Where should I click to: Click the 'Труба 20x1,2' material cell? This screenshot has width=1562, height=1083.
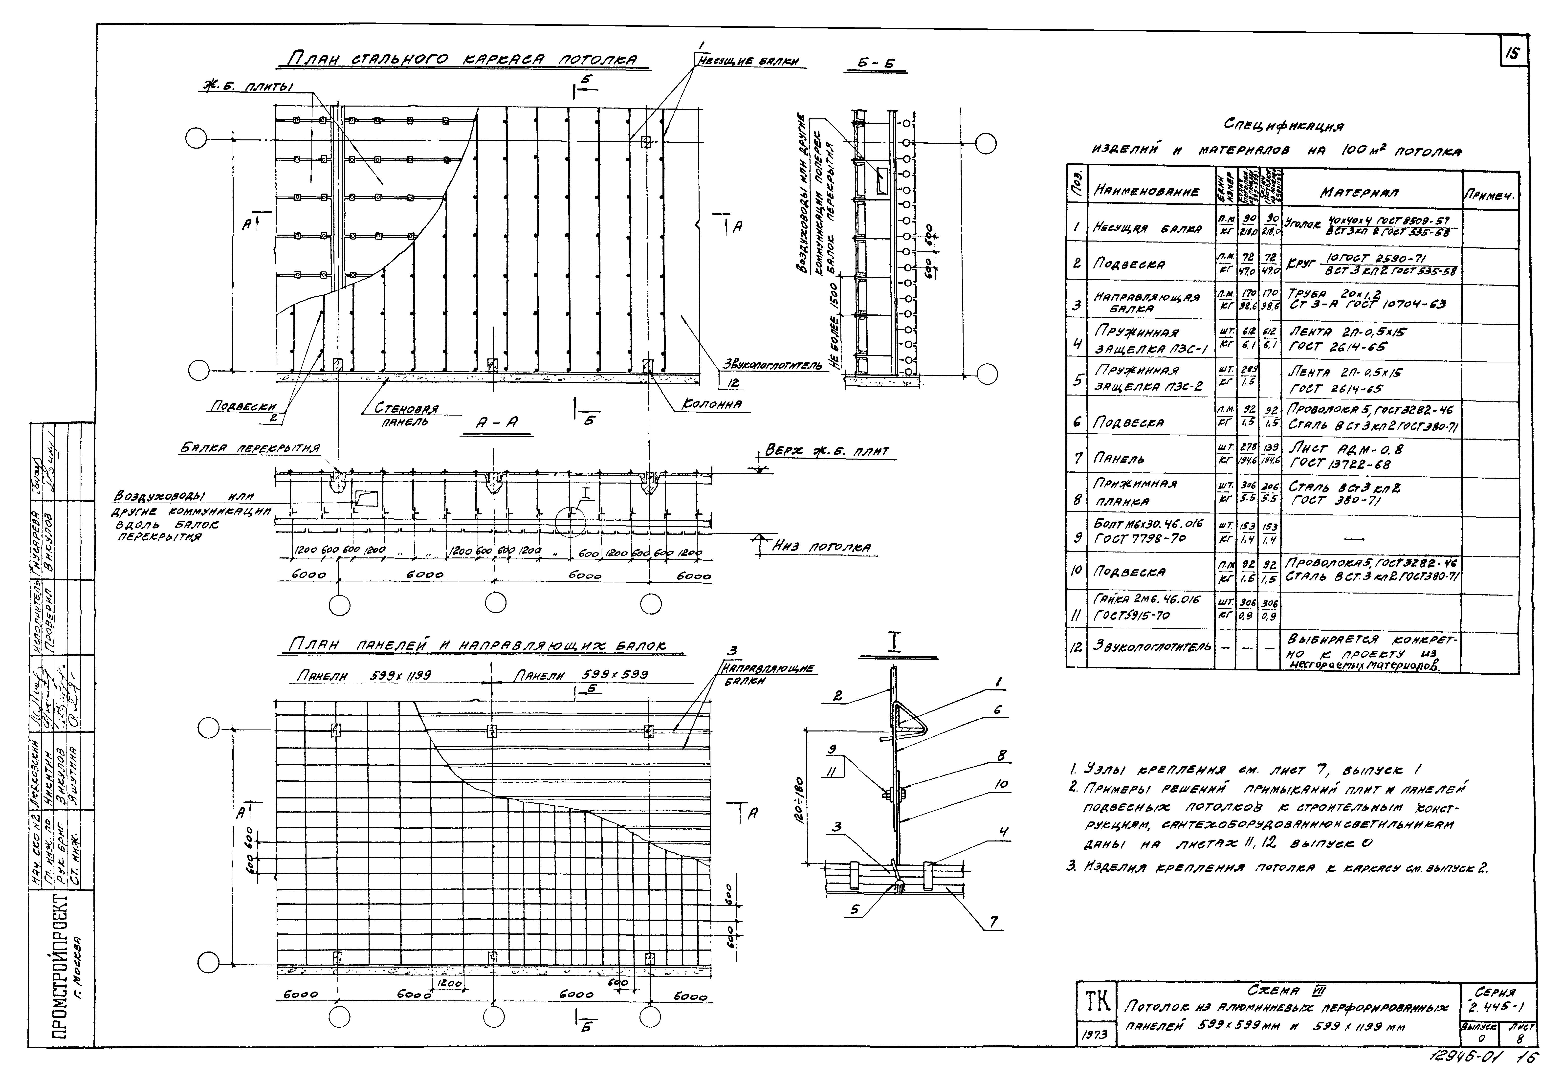pos(1364,299)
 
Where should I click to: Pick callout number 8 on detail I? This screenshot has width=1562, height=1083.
pos(1000,755)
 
